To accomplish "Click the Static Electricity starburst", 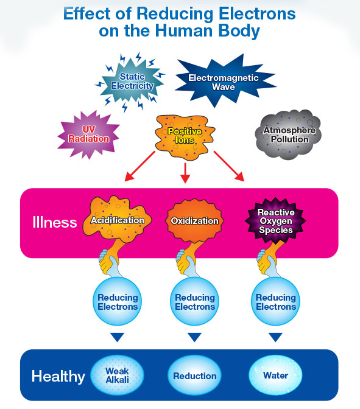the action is pos(132,82).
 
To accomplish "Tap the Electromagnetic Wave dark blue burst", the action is pos(225,81).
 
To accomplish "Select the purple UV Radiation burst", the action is pos(88,135).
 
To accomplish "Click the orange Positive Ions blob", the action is pos(185,136).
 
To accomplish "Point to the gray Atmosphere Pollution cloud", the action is pos(288,135).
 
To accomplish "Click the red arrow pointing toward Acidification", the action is pos(139,166).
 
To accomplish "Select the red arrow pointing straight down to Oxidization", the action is pos(185,173).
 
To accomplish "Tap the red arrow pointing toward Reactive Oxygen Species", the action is pos(229,166).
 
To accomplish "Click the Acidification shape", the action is pos(117,219).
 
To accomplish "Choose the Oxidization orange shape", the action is pos(195,221).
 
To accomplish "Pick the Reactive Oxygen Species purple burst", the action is pos(276,220).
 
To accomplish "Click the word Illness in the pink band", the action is pos(55,222).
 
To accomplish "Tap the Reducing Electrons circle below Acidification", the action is pos(117,301).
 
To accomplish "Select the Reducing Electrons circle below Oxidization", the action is pos(195,301).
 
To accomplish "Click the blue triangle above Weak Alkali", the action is pos(117,337).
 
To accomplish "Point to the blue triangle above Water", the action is pos(276,337).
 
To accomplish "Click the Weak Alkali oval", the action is pos(117,376).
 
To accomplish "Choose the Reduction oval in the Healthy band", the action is pos(195,376).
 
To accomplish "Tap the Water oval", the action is pos(276,376).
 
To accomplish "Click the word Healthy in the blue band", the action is pos(58,377).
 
